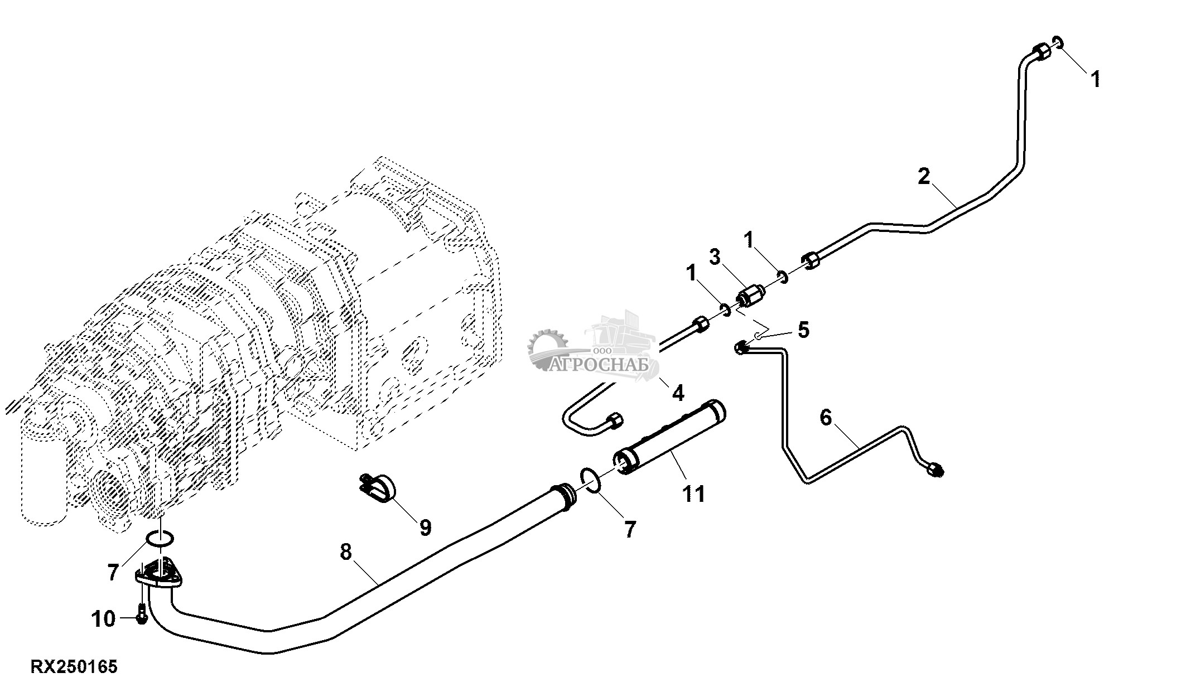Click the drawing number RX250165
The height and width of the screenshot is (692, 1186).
74,667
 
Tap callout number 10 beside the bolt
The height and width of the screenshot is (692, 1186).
104,618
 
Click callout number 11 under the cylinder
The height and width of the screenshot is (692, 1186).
695,493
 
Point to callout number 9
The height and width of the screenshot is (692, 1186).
425,527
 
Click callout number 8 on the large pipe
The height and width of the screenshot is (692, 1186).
346,552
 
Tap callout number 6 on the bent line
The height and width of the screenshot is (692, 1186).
826,417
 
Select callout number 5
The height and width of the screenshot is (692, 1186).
803,330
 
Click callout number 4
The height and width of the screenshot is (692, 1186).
677,393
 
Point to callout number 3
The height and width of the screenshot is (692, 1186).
715,257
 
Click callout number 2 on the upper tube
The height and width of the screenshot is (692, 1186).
924,177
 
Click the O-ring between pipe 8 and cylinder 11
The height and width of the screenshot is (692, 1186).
590,481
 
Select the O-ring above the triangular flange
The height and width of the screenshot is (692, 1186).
160,539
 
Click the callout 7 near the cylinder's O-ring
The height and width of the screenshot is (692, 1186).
630,529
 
